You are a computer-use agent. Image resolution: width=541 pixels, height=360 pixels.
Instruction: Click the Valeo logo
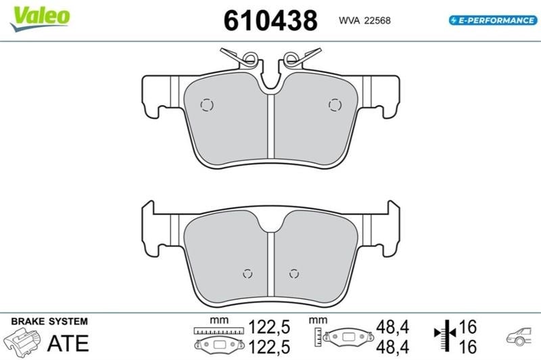coord(40,19)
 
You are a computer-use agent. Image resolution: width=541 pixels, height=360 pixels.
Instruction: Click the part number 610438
coord(270,20)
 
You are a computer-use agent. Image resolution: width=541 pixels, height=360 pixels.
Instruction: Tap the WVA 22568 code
coord(364,21)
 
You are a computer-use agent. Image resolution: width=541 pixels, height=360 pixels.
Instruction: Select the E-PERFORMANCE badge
coord(493,20)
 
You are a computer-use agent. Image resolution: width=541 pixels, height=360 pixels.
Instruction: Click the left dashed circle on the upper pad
coord(207,105)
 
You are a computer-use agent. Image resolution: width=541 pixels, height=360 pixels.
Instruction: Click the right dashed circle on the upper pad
coord(335,105)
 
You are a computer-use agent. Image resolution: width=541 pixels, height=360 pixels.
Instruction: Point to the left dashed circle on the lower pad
coord(248,273)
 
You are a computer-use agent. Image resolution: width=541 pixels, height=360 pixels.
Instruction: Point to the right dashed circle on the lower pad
coord(294,273)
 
